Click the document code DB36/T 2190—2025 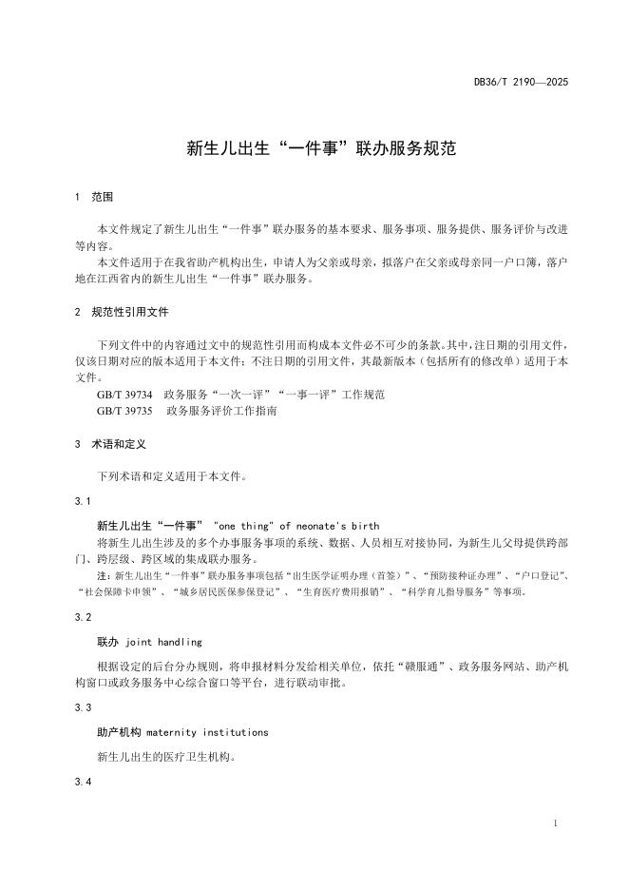click(x=522, y=84)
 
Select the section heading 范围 click(x=103, y=198)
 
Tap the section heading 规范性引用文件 click(x=130, y=312)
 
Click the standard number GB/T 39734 click(x=124, y=394)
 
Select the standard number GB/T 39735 click(x=124, y=412)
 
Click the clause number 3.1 click(x=82, y=500)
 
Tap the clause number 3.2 click(x=82, y=617)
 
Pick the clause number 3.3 click(x=82, y=707)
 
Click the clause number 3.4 click(x=82, y=782)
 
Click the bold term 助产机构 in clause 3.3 click(x=118, y=732)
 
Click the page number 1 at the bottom click(x=554, y=822)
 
